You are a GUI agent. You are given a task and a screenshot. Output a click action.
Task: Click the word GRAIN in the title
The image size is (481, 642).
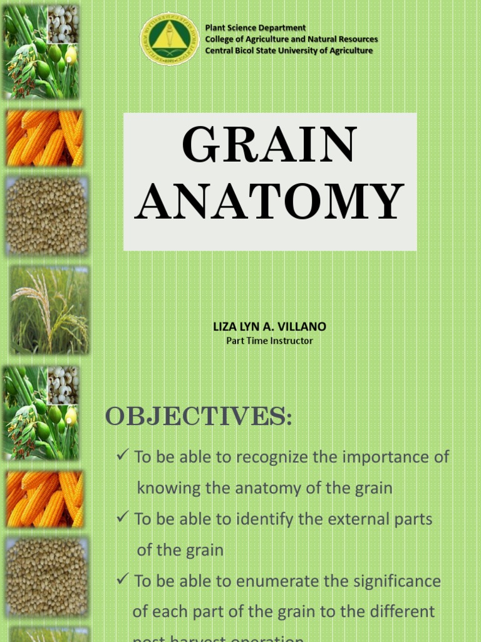point(269,146)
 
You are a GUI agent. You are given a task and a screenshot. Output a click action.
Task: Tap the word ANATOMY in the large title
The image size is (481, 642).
point(269,202)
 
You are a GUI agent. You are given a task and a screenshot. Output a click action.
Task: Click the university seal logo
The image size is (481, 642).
point(170,39)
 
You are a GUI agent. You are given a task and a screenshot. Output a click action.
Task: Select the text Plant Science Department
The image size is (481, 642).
point(256,28)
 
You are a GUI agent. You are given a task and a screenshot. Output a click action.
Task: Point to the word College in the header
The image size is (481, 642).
point(220,39)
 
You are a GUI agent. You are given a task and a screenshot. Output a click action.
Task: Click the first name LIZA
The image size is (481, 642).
point(224,327)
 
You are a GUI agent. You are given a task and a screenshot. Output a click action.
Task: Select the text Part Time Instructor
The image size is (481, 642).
point(269,341)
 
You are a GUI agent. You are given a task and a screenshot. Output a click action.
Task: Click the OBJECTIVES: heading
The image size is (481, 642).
point(199,416)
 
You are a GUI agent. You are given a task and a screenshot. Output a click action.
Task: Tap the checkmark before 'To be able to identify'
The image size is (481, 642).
point(123,518)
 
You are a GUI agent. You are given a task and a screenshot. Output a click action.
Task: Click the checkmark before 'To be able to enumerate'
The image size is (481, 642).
point(123,580)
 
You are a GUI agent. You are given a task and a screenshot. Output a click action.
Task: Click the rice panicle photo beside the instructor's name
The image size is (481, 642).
point(49,309)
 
